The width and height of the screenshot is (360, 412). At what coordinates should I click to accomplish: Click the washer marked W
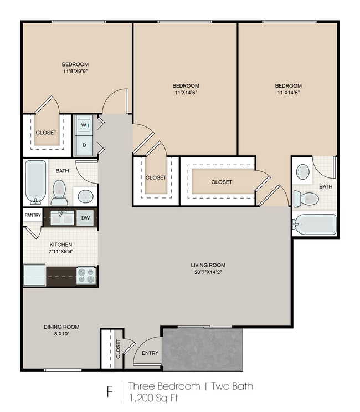84,125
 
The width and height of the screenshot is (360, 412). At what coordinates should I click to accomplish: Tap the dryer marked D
84,145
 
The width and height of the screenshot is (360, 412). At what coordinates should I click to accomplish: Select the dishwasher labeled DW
85,217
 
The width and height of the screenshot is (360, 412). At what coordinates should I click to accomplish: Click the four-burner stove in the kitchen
86,276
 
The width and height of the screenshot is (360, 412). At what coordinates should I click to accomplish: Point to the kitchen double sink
62,217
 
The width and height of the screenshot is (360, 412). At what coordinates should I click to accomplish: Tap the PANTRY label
33,215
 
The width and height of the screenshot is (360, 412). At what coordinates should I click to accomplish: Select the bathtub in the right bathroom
315,225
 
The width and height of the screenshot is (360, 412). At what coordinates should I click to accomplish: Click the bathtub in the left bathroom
35,182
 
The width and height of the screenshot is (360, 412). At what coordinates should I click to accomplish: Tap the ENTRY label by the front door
150,353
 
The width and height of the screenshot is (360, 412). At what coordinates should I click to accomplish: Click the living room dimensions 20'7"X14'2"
208,272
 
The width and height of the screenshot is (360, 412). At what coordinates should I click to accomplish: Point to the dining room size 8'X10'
61,334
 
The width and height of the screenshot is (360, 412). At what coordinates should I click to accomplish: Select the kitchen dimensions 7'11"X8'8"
60,251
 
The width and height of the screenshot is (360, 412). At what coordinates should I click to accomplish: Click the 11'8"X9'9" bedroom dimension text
75,71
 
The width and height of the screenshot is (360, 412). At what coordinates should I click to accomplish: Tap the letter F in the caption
110,392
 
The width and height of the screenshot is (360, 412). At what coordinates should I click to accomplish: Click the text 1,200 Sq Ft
153,398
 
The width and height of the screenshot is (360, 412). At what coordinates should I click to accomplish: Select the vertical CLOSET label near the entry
118,349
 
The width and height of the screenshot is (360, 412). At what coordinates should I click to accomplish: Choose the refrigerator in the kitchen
34,275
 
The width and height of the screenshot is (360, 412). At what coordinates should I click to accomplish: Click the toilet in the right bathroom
306,198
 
